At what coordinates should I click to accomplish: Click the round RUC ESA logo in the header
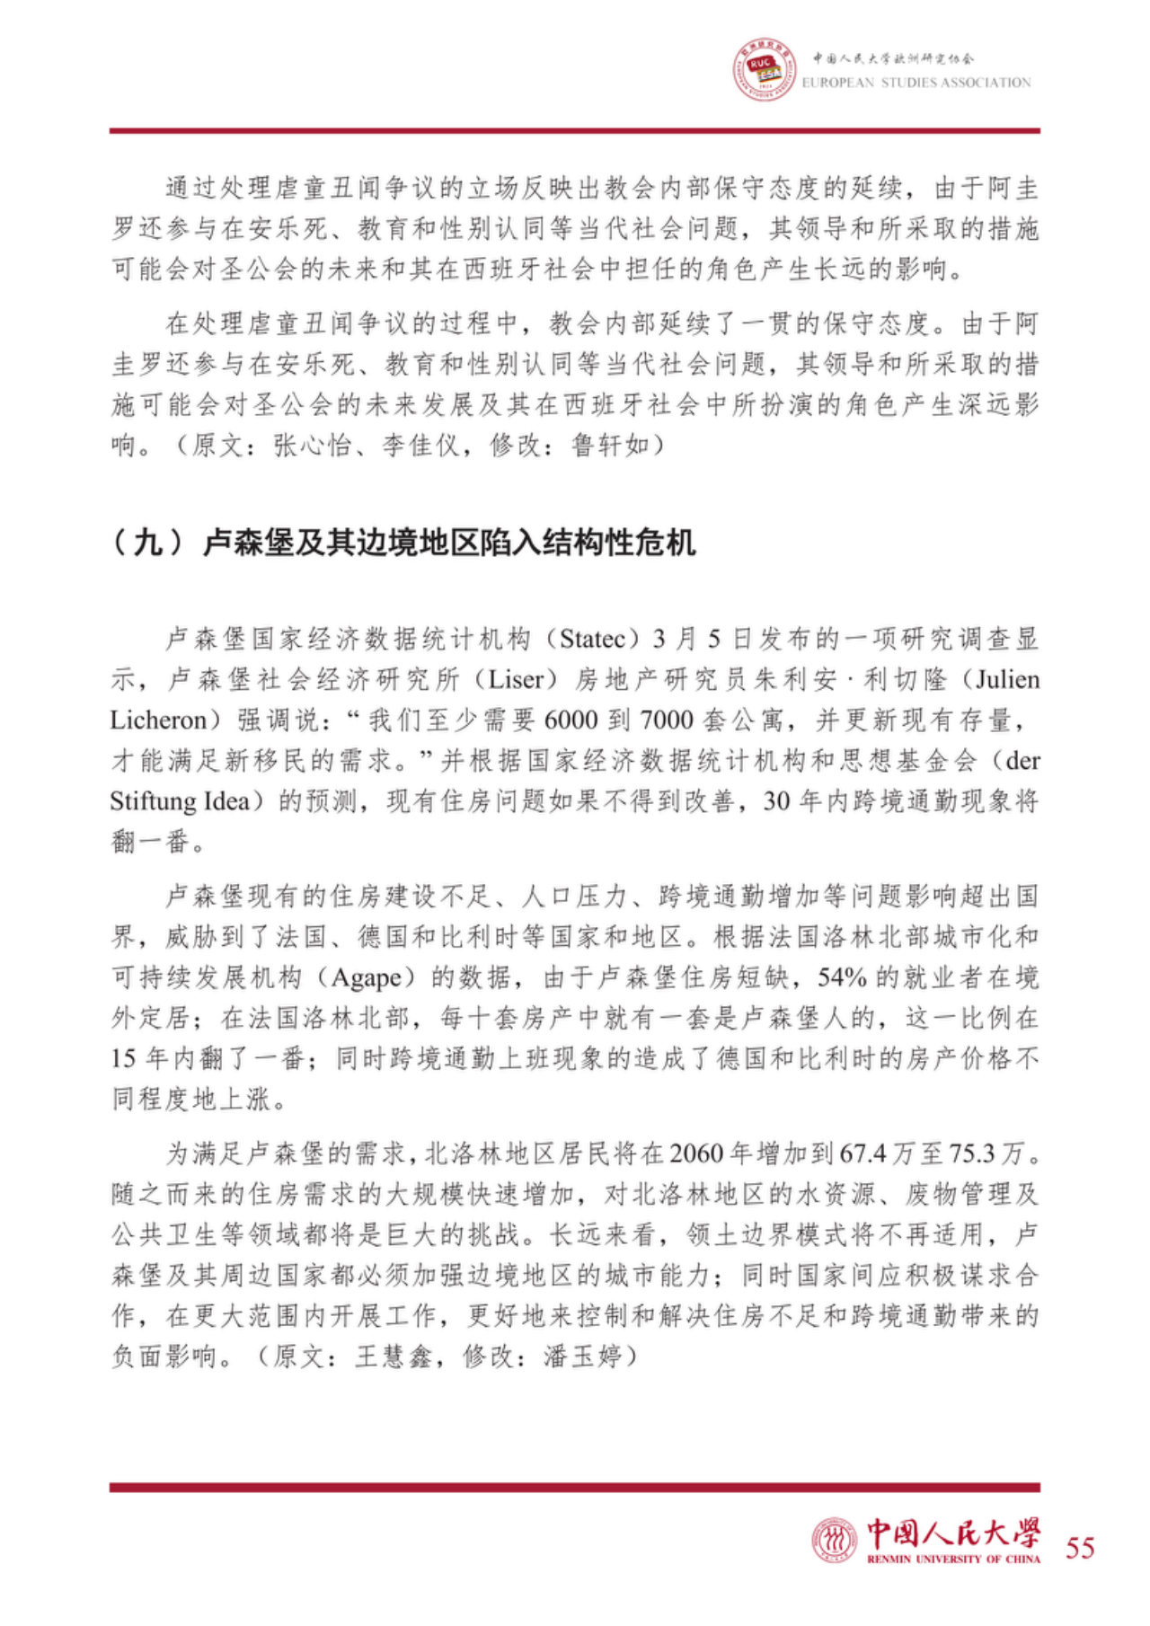pos(764,69)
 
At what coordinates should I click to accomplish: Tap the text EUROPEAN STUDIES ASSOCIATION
pos(916,83)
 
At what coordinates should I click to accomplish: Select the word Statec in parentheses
pos(592,639)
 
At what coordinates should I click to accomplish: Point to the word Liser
pos(516,679)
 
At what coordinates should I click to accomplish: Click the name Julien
pos(1007,679)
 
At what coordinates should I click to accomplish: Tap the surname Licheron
pos(158,720)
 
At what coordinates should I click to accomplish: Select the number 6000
pos(574,720)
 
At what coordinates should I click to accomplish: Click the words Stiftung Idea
pos(180,800)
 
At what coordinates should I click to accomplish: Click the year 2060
pos(697,1153)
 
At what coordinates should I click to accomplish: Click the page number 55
pos(1080,1547)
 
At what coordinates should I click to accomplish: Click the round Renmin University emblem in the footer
pos(834,1540)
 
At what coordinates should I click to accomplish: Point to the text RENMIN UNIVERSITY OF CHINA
pos(953,1559)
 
